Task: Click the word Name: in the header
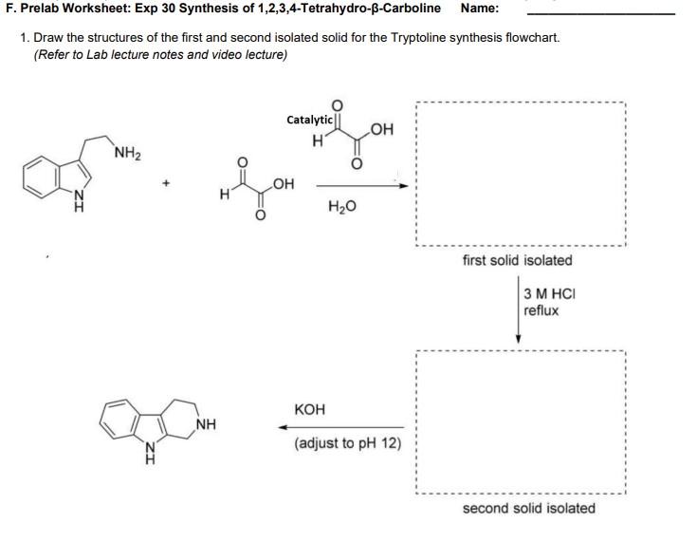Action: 480,9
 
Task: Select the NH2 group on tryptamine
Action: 128,152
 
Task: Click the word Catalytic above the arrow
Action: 309,120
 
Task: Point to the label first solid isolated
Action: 518,260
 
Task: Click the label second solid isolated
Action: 528,508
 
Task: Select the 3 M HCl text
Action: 550,293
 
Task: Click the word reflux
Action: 541,310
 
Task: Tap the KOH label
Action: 310,409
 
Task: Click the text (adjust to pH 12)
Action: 347,443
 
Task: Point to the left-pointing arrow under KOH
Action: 346,427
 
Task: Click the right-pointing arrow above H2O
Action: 363,185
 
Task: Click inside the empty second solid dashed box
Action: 520,423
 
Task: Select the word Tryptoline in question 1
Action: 415,38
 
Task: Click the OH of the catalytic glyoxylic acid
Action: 382,129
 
